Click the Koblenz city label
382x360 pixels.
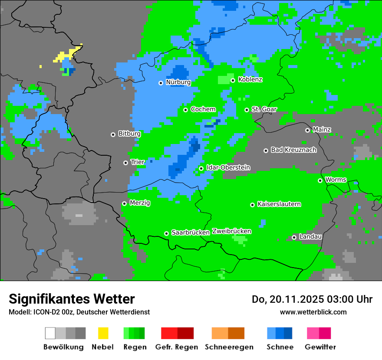point(250,80)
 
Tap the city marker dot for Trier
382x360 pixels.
point(126,163)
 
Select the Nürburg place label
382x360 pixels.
point(178,82)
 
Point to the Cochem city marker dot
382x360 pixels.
point(185,110)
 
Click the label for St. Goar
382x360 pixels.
point(264,109)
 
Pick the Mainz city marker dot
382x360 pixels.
point(307,130)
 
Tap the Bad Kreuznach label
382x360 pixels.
point(293,150)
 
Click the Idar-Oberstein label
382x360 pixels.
point(228,167)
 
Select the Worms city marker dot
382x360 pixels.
point(320,180)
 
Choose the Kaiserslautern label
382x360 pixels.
point(279,204)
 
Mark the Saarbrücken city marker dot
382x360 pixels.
point(166,233)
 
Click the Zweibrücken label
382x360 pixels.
point(231,231)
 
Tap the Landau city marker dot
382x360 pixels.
point(294,237)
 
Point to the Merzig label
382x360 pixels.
point(140,203)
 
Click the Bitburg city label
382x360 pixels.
point(129,134)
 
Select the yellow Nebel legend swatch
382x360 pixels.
point(103,333)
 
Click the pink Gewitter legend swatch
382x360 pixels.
point(313,333)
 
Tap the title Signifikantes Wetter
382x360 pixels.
point(72,299)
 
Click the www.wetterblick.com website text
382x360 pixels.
point(313,312)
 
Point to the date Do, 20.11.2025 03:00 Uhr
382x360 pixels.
point(312,299)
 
